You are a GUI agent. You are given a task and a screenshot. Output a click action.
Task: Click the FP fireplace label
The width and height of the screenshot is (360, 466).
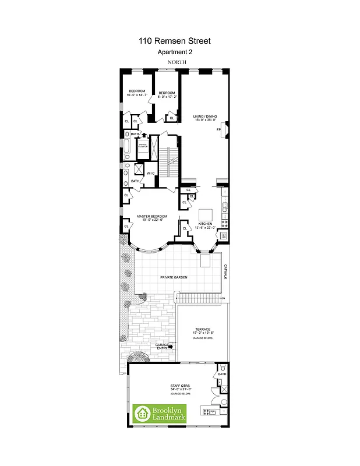point(219,129)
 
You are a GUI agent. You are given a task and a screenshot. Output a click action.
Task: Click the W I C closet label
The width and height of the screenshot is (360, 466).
point(150,173)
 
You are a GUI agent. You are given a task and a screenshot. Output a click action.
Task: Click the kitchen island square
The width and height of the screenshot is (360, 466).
point(206,213)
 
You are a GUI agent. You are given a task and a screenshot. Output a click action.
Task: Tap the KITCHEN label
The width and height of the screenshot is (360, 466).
point(206,224)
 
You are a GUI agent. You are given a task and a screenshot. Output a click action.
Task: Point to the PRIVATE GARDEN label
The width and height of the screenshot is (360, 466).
point(174,278)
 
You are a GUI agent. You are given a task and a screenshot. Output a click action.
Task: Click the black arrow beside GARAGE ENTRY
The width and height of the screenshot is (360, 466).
point(171,346)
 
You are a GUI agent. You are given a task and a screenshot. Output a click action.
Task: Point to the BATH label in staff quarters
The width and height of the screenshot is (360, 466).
point(221,374)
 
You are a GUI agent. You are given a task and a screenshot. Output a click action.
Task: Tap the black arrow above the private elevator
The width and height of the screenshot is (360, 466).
point(144,135)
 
